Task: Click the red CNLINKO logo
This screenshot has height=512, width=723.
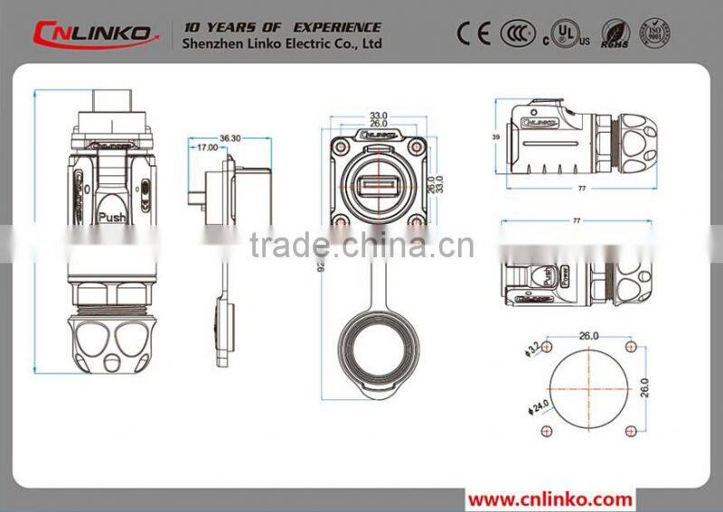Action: click(x=90, y=33)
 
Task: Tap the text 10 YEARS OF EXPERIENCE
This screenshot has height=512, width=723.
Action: click(x=282, y=27)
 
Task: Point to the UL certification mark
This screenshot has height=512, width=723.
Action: click(x=563, y=33)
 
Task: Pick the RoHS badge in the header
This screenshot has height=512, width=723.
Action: click(x=617, y=33)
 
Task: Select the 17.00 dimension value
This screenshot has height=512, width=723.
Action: click(x=206, y=147)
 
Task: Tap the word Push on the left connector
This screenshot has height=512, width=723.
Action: click(x=112, y=217)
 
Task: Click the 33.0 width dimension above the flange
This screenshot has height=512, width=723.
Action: click(x=378, y=116)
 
